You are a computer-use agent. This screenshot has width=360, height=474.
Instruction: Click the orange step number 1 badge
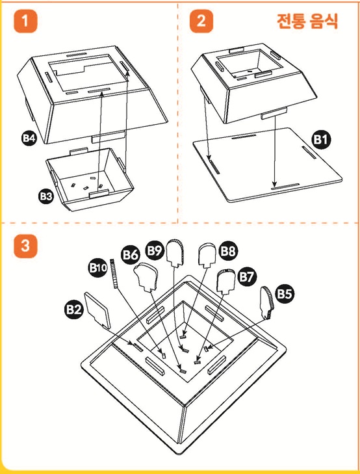point(25,21)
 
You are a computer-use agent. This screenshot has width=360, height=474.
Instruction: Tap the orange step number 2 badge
point(201,21)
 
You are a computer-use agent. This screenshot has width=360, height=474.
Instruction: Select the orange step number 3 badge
point(25,246)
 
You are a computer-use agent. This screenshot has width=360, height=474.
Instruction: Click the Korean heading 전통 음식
point(307,21)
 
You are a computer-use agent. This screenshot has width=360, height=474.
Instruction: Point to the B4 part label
point(29,138)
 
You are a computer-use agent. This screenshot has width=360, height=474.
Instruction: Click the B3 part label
point(46,196)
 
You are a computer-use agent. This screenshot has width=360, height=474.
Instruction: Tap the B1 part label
point(322,140)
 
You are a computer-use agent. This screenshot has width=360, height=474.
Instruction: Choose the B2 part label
point(73,309)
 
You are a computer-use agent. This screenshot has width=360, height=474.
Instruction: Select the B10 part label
point(98,267)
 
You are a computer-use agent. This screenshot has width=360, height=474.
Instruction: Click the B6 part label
point(131,255)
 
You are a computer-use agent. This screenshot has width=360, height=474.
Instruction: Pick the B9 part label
point(155,250)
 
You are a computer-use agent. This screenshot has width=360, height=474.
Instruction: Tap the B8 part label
point(228,250)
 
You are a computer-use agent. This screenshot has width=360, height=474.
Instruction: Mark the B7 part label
point(247,276)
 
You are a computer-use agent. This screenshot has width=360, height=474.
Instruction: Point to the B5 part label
point(285,293)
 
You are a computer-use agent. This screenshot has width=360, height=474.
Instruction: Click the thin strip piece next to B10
point(114,274)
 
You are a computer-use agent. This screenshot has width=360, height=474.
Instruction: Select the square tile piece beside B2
point(97,310)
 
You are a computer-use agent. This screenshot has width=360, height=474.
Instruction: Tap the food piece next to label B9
point(176,253)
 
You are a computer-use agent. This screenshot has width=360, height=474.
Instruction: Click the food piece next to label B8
point(207,256)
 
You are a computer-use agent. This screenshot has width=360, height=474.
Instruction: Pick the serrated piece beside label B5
point(266,303)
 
